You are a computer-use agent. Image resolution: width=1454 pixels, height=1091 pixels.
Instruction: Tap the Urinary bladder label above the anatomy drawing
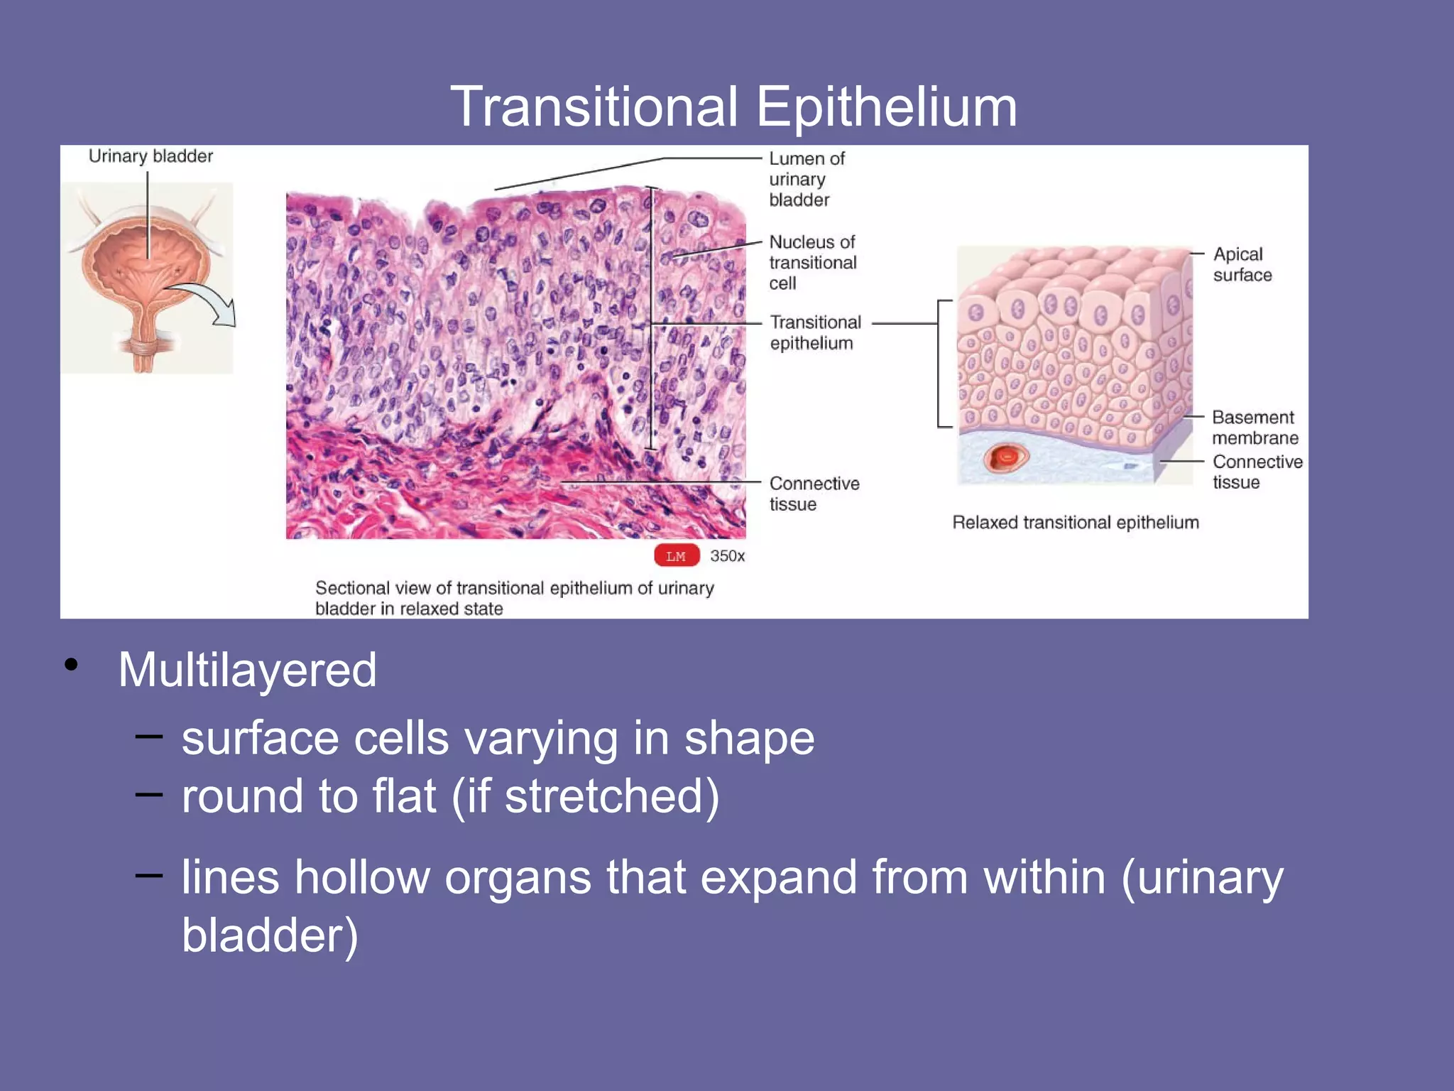pos(151,156)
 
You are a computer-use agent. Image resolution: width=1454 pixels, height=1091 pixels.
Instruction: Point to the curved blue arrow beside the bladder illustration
pos(206,302)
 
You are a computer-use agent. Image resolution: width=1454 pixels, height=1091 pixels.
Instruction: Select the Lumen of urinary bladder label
pos(807,179)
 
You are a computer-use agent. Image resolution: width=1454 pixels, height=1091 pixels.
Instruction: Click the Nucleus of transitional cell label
pos(812,262)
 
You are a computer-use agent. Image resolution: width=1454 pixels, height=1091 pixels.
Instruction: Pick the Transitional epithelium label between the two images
pos(814,332)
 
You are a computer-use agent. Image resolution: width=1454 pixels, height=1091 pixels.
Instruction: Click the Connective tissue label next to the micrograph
pos(814,494)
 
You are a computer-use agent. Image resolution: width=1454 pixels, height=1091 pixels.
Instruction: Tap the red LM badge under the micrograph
pos(676,556)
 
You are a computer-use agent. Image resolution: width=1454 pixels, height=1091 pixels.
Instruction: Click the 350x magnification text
pos(727,556)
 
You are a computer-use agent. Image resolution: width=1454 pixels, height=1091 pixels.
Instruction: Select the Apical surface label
pos(1242,264)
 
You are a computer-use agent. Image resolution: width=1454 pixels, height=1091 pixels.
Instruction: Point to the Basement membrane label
pos(1255,427)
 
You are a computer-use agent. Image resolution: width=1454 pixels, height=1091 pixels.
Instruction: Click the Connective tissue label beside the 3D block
pos(1257,472)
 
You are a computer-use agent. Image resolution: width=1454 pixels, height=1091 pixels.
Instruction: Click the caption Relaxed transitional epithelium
pos(1075,523)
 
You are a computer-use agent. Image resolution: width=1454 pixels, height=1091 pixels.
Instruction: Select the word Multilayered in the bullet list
pos(247,670)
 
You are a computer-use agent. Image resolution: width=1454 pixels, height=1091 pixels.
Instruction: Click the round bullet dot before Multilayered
pos(71,665)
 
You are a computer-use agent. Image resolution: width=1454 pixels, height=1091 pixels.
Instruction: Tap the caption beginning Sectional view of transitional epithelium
pos(514,598)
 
